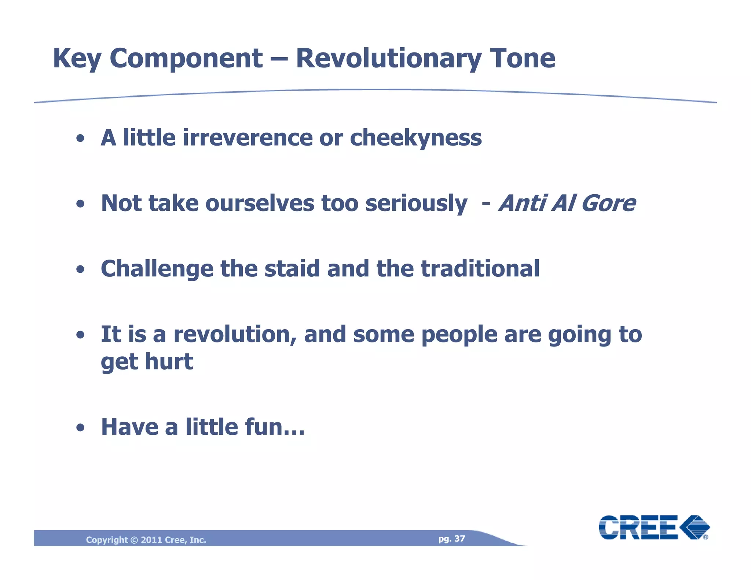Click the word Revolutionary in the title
(x=389, y=59)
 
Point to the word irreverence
(x=248, y=138)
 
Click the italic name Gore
(x=608, y=203)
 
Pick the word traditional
(x=480, y=269)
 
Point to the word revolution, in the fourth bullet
(x=235, y=335)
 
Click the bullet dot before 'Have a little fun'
(x=81, y=428)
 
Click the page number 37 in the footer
(x=459, y=539)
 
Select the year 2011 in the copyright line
(x=151, y=540)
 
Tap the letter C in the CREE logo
(x=609, y=527)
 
